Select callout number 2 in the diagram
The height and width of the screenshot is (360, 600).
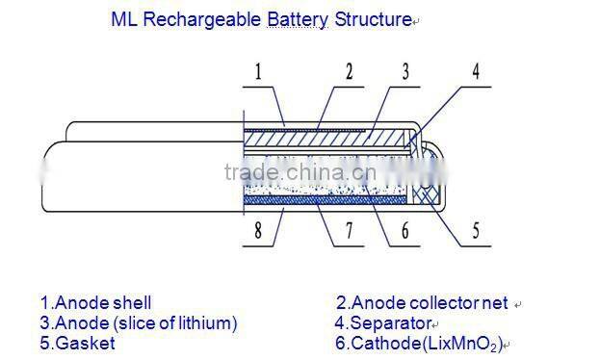coord(348,70)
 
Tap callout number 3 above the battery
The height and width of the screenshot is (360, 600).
coord(406,70)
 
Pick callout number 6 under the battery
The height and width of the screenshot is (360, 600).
coord(404,230)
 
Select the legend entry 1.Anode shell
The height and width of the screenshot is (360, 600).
coord(95,303)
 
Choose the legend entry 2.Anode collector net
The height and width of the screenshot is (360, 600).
coord(421,303)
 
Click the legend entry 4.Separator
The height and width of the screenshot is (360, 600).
coord(379,322)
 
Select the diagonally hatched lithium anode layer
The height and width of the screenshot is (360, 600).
coord(327,141)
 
